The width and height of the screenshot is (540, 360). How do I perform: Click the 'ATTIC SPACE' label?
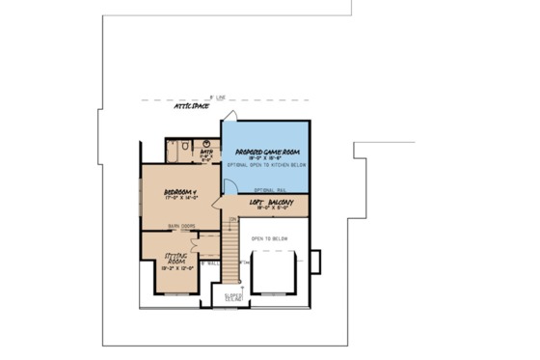191,106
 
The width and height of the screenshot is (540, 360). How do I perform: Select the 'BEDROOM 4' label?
179,194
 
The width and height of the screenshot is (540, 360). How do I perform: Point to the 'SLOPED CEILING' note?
234,298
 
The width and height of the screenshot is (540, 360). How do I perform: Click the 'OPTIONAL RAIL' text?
267,189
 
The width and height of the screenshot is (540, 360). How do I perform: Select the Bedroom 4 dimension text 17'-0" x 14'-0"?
179,201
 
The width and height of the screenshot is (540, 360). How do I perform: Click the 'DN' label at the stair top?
232,219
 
